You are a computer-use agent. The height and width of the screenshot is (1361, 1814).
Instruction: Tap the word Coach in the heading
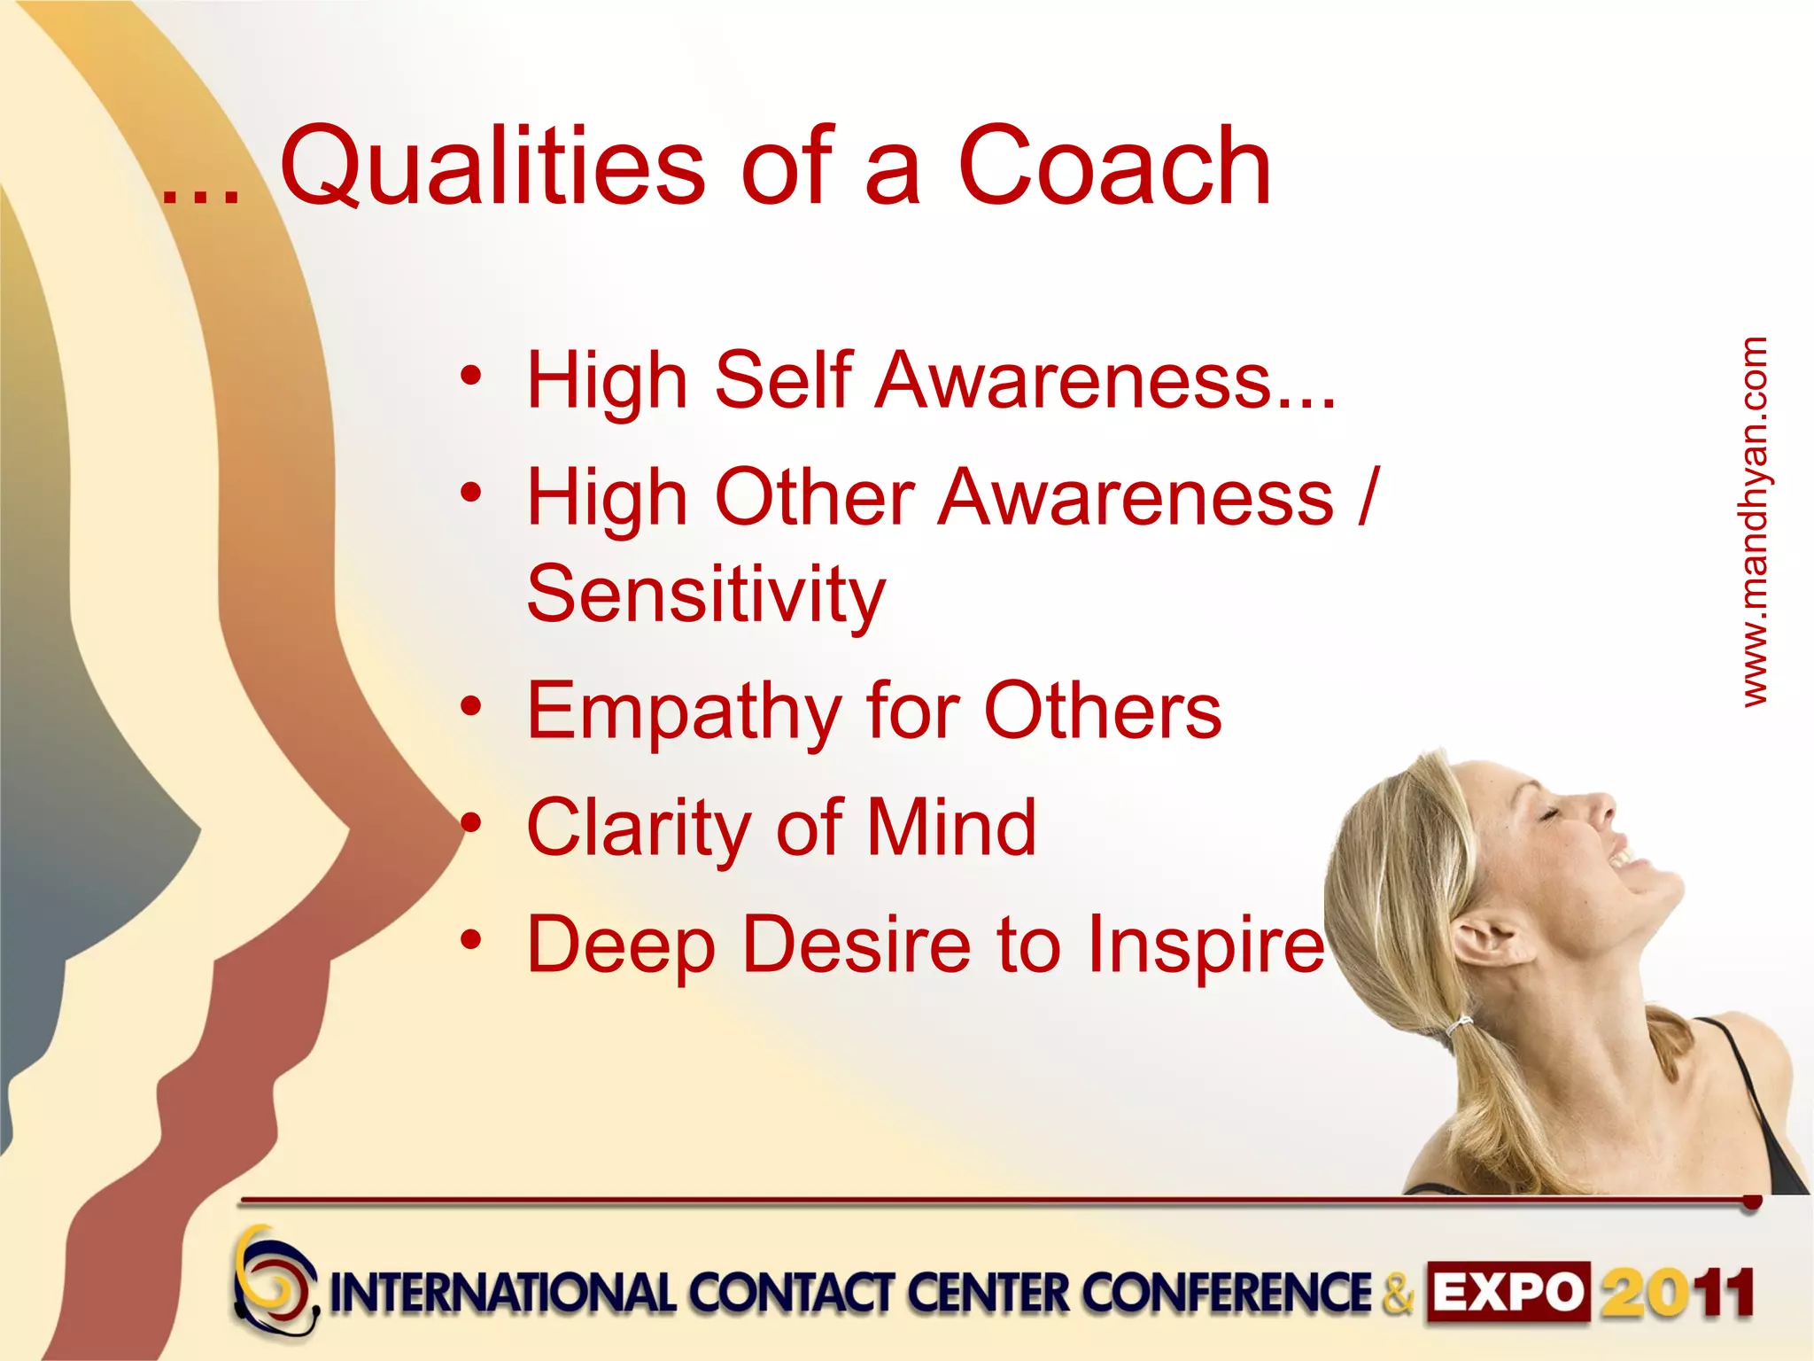click(1113, 167)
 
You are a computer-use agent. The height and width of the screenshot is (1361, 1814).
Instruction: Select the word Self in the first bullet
click(783, 381)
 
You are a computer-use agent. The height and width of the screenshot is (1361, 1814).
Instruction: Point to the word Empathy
click(683, 712)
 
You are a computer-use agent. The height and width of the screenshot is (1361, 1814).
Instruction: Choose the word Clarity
click(638, 828)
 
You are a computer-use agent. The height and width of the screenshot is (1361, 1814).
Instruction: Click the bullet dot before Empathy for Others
click(471, 706)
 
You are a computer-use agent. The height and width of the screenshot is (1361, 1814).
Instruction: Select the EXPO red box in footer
click(1507, 1293)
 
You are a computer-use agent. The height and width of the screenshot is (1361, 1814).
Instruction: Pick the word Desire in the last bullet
click(856, 945)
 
